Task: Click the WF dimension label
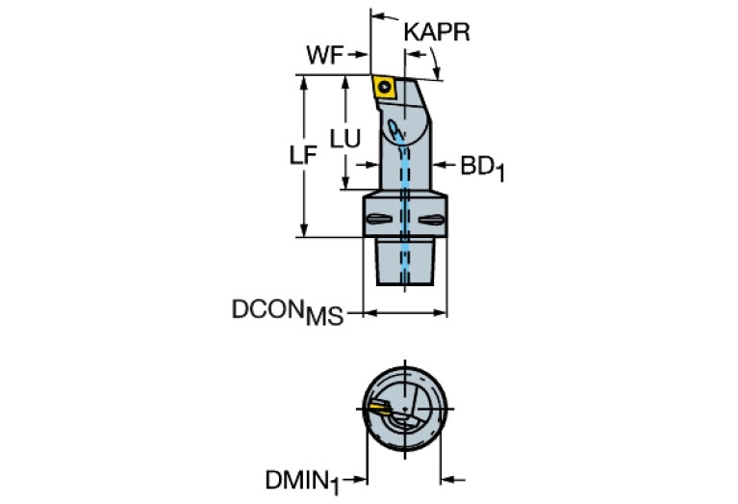pyautogui.click(x=324, y=55)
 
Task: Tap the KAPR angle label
pyautogui.click(x=437, y=32)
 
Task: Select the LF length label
pyautogui.click(x=303, y=156)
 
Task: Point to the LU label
pyautogui.click(x=344, y=139)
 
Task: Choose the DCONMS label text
pyautogui.click(x=287, y=312)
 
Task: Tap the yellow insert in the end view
pyautogui.click(x=378, y=410)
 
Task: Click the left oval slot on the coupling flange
pyautogui.click(x=377, y=219)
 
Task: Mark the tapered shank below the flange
pyautogui.click(x=404, y=260)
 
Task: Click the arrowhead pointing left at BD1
pyautogui.click(x=436, y=166)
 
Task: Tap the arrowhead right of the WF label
pyautogui.click(x=365, y=55)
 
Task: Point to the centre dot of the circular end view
pyautogui.click(x=405, y=408)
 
